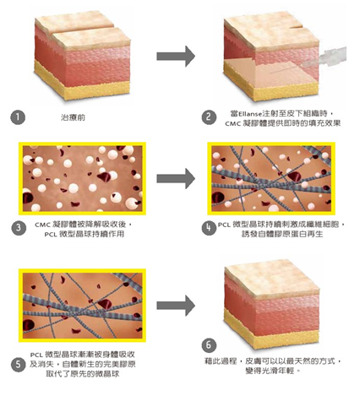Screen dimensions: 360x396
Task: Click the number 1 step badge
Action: tap(18, 117)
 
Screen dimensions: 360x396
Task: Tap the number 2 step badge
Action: tap(209, 117)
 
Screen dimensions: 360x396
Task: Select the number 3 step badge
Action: tap(19, 228)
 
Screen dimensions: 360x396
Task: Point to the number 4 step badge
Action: tap(209, 228)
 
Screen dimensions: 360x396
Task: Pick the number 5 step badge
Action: tap(19, 365)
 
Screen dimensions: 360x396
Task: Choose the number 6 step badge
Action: tap(209, 345)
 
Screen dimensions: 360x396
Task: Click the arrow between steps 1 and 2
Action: tap(176, 57)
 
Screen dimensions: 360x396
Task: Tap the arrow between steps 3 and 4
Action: tap(176, 178)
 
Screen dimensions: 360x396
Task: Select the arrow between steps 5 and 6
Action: tap(176, 306)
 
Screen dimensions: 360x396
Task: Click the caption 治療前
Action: tap(73, 117)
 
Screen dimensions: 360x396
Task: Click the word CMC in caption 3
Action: tap(42, 225)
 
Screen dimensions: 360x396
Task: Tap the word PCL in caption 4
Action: tap(225, 225)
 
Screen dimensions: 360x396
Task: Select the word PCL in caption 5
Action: tap(36, 355)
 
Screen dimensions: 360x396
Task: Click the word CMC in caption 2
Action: tap(232, 123)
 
